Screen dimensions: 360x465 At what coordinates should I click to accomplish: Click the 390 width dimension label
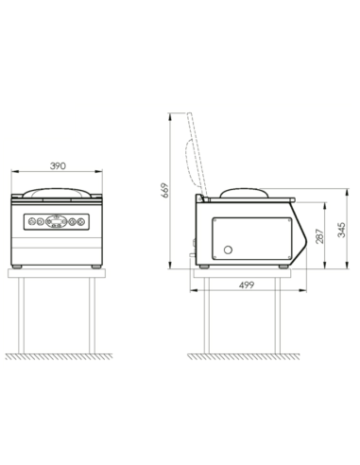[59, 165]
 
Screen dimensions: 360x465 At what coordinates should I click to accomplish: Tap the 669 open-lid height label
[165, 190]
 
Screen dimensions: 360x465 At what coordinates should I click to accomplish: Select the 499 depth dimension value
[247, 285]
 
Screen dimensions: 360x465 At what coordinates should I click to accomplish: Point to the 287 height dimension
[319, 236]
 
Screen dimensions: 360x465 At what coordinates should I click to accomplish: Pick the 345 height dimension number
[341, 230]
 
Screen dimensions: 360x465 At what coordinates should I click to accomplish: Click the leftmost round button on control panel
[31, 222]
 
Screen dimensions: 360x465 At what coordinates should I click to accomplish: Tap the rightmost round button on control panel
[81, 222]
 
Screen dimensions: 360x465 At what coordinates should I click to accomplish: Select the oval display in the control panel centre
[57, 222]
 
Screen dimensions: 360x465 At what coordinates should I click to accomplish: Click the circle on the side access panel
[228, 250]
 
